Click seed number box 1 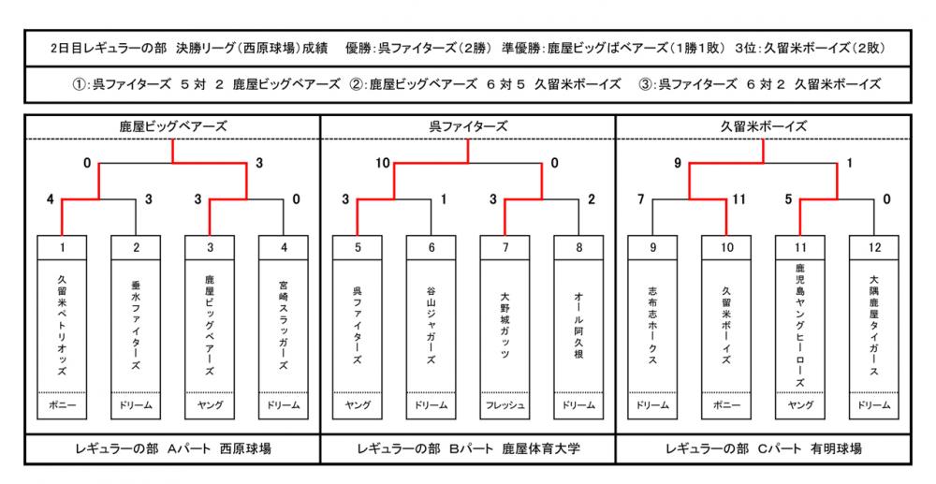pos(62,248)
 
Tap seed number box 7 pos(505,248)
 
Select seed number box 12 pos(874,248)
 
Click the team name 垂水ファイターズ pos(136,325)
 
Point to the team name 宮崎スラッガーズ pos(284,325)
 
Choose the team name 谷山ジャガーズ pos(431,325)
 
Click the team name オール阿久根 pos(578,325)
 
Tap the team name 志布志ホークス pos(652,325)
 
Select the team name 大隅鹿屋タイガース pos(874,325)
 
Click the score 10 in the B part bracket pos(383,163)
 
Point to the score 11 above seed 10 pos(739,199)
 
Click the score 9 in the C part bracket pos(678,163)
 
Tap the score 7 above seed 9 pos(640,199)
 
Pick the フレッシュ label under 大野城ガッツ pos(505,405)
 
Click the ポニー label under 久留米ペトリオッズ pos(62,405)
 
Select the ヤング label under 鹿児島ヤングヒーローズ pos(800,405)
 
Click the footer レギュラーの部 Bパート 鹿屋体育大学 pos(468,448)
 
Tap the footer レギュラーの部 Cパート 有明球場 pos(764,448)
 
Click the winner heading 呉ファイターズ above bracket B pos(468,126)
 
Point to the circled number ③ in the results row pos(645,84)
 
